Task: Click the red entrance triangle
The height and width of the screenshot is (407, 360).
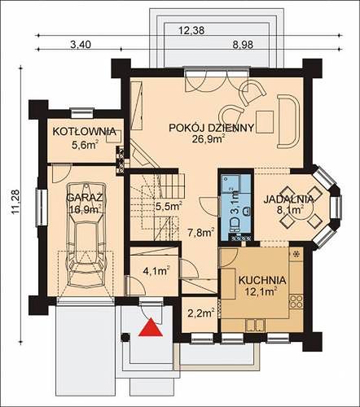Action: tap(151, 328)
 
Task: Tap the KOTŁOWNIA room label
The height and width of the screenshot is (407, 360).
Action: tap(85, 132)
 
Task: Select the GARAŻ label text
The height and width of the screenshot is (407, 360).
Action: tap(85, 197)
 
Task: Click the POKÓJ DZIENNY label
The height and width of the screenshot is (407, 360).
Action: tap(212, 128)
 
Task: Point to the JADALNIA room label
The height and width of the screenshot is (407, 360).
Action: tap(288, 199)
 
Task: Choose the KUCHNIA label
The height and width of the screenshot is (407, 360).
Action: tap(262, 280)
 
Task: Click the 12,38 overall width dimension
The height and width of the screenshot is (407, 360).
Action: tap(191, 30)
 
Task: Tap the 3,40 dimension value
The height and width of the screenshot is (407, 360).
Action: tap(81, 45)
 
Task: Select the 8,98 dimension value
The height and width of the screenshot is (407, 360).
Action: tap(243, 45)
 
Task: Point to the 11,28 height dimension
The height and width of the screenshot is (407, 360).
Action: tap(15, 201)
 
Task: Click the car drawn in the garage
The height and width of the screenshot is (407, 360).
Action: tap(86, 234)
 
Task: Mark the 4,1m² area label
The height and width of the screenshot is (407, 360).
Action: tap(156, 271)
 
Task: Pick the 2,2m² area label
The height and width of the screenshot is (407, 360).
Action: tap(201, 313)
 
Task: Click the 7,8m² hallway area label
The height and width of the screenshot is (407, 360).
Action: tap(201, 233)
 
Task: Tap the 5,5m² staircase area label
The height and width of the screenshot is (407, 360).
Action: tap(169, 207)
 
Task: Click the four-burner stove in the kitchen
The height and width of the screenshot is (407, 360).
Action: tap(296, 301)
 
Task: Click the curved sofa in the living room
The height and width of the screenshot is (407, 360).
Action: tap(288, 121)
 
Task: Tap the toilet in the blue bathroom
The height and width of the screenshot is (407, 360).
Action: tap(235, 225)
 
